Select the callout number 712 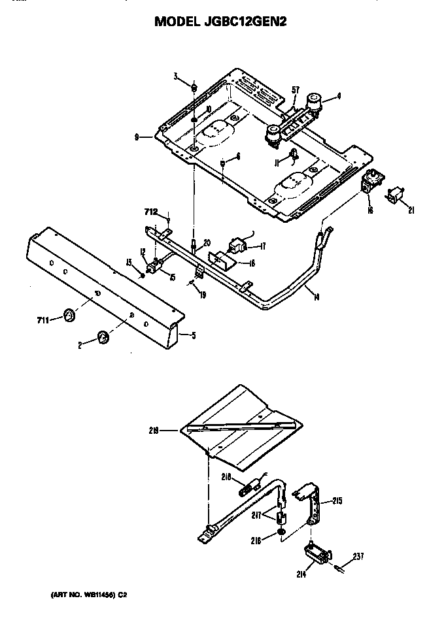pos(151,212)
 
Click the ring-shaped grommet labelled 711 pos(67,316)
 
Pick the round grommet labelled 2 pos(103,337)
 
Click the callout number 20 pos(207,242)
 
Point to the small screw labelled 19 pos(191,282)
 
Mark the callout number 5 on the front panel pos(193,336)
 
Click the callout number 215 pos(337,501)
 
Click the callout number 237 pos(358,557)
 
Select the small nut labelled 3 pos(194,87)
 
